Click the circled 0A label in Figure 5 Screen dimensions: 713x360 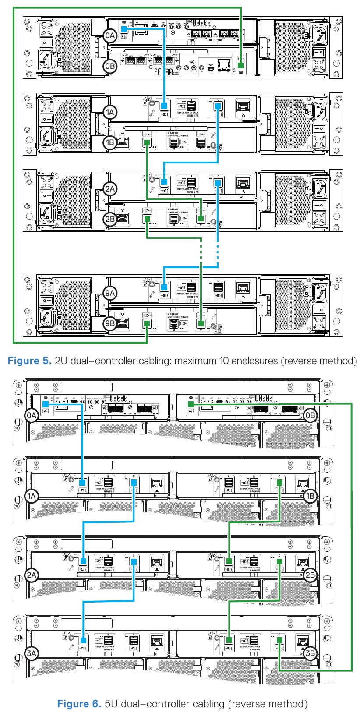coord(110,35)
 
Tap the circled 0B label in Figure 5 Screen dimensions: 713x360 coord(110,66)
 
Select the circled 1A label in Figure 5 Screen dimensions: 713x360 coord(110,112)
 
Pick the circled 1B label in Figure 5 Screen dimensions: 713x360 coord(110,142)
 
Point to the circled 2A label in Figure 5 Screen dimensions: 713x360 coord(110,189)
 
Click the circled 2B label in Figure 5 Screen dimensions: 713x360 coord(110,219)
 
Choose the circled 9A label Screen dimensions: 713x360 coord(110,293)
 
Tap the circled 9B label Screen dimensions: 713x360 coord(110,324)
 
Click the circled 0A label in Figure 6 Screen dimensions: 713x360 coord(32,415)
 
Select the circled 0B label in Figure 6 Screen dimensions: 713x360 coord(310,415)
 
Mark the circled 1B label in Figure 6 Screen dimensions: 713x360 coord(310,496)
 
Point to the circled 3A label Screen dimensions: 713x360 coord(32,653)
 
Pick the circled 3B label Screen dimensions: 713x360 coord(310,653)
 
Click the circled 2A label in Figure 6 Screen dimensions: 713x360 coord(32,575)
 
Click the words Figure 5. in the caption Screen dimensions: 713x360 coord(30,361)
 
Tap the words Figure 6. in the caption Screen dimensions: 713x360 coord(79,704)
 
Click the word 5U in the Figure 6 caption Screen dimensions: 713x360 coord(111,704)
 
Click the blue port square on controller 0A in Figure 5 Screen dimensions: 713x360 coord(124,29)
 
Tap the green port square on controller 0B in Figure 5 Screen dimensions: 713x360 coord(240,66)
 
